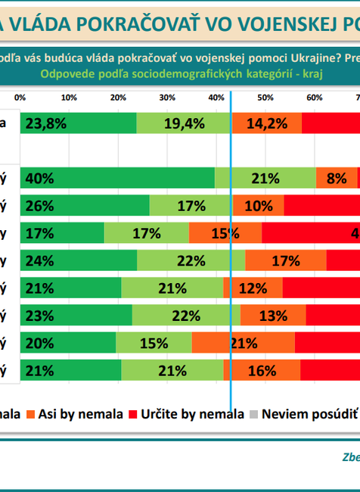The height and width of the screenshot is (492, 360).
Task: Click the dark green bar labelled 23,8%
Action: tap(78, 124)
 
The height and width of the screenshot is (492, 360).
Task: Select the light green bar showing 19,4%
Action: tap(184, 124)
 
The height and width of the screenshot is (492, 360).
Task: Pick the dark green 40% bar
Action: tap(117, 178)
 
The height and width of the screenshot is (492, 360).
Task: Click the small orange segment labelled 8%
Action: tap(336, 178)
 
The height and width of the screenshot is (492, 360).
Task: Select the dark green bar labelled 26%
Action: tap(85, 205)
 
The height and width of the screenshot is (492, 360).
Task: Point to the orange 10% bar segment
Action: tap(258, 205)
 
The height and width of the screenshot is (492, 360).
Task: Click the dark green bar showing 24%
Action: tap(79, 260)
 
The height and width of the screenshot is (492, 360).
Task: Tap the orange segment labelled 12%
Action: tap(253, 288)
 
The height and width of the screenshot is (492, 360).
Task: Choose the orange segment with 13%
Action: tap(273, 315)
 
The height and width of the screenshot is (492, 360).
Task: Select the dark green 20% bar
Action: tap(69, 343)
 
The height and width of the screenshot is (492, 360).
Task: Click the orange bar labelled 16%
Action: tap(262, 370)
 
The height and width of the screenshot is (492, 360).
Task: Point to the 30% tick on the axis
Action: tap(167, 98)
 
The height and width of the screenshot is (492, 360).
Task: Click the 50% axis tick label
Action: tap(265, 98)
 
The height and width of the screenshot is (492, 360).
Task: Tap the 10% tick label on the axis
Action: tap(68, 98)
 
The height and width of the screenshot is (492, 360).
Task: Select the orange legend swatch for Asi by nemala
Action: tap(31, 414)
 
